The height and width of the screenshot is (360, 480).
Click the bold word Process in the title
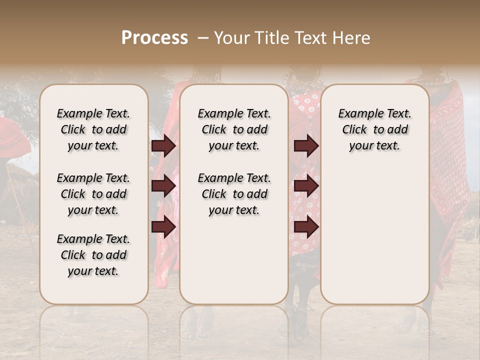pyautogui.click(x=154, y=38)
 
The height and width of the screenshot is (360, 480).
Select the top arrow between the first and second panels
pyautogui.click(x=163, y=146)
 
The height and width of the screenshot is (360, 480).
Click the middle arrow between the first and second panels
pyautogui.click(x=163, y=186)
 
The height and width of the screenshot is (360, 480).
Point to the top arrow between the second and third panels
pyautogui.click(x=306, y=146)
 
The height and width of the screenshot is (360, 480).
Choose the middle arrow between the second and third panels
pyautogui.click(x=306, y=186)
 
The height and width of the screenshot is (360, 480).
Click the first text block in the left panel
pyautogui.click(x=93, y=129)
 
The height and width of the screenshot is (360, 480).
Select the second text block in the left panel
pyautogui.click(x=93, y=194)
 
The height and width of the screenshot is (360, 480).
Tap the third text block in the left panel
pyautogui.click(x=93, y=255)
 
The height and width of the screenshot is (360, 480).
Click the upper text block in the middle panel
pyautogui.click(x=234, y=129)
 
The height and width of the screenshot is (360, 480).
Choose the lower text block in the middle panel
pyautogui.click(x=234, y=194)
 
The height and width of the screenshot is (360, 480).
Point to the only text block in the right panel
pyautogui.click(x=374, y=129)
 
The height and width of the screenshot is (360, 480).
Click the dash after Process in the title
pyautogui.click(x=202, y=38)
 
